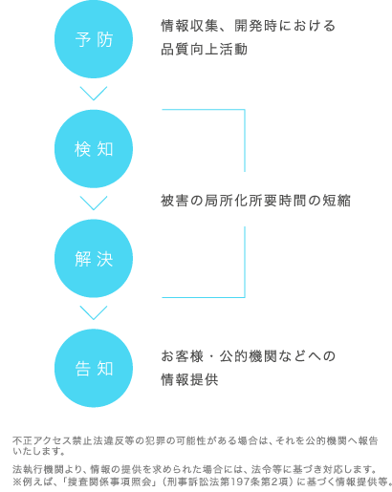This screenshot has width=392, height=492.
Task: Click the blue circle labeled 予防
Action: click(94, 39)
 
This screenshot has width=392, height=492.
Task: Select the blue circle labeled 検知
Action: click(94, 149)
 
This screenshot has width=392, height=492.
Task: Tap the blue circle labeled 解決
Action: click(94, 258)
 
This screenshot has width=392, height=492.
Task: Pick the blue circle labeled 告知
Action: click(94, 368)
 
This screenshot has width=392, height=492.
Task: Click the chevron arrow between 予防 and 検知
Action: click(94, 94)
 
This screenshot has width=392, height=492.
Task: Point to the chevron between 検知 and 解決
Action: click(94, 203)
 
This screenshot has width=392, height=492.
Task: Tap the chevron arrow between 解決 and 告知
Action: click(94, 312)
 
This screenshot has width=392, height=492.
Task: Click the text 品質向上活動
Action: click(204, 50)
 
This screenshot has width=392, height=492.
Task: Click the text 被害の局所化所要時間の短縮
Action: click(255, 201)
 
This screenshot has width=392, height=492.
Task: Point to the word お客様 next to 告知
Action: click(182, 356)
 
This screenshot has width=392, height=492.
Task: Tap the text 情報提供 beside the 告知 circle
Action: click(189, 379)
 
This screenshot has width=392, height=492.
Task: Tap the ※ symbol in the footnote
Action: click(17, 481)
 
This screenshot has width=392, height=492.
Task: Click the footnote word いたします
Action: click(35, 451)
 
